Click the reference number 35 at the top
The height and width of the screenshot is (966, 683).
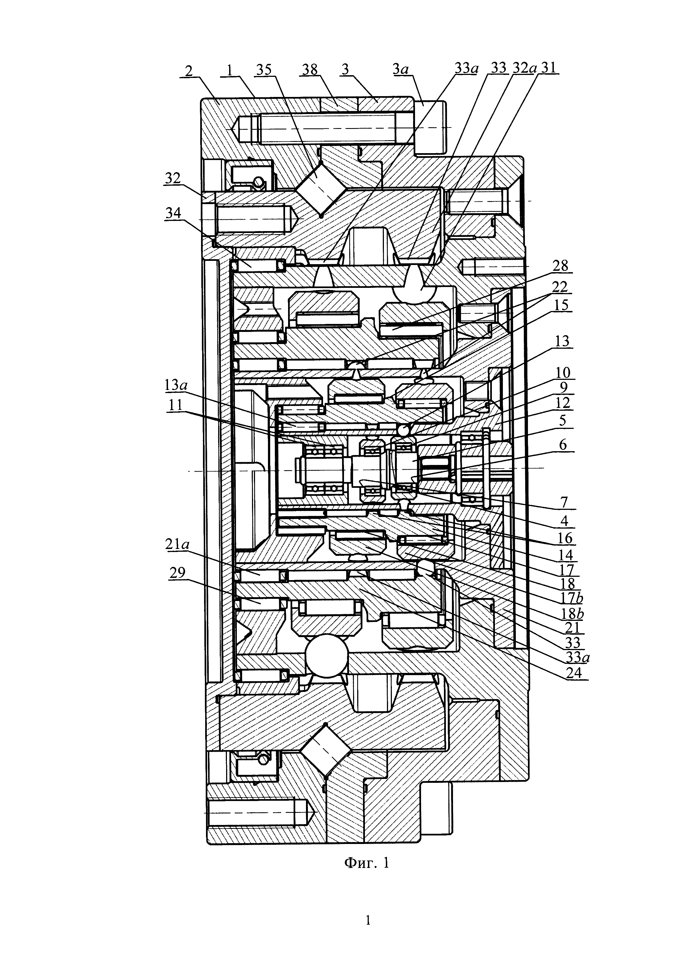[264, 69]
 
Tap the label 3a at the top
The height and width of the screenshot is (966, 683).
[401, 69]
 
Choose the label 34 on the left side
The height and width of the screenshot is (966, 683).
[173, 213]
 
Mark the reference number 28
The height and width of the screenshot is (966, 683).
[560, 266]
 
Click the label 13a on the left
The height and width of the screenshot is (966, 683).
[176, 385]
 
